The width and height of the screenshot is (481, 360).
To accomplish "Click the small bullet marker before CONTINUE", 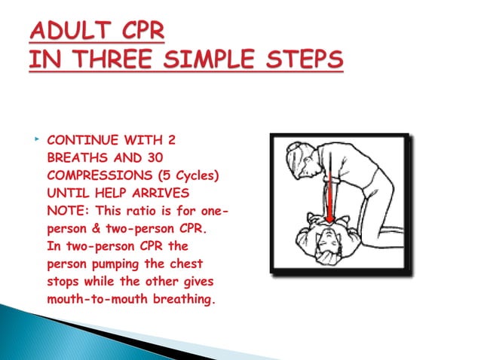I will [x=35, y=139].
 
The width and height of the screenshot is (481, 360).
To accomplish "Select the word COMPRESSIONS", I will [x=93, y=176].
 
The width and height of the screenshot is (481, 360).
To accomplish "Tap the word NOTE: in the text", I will [x=66, y=212].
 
